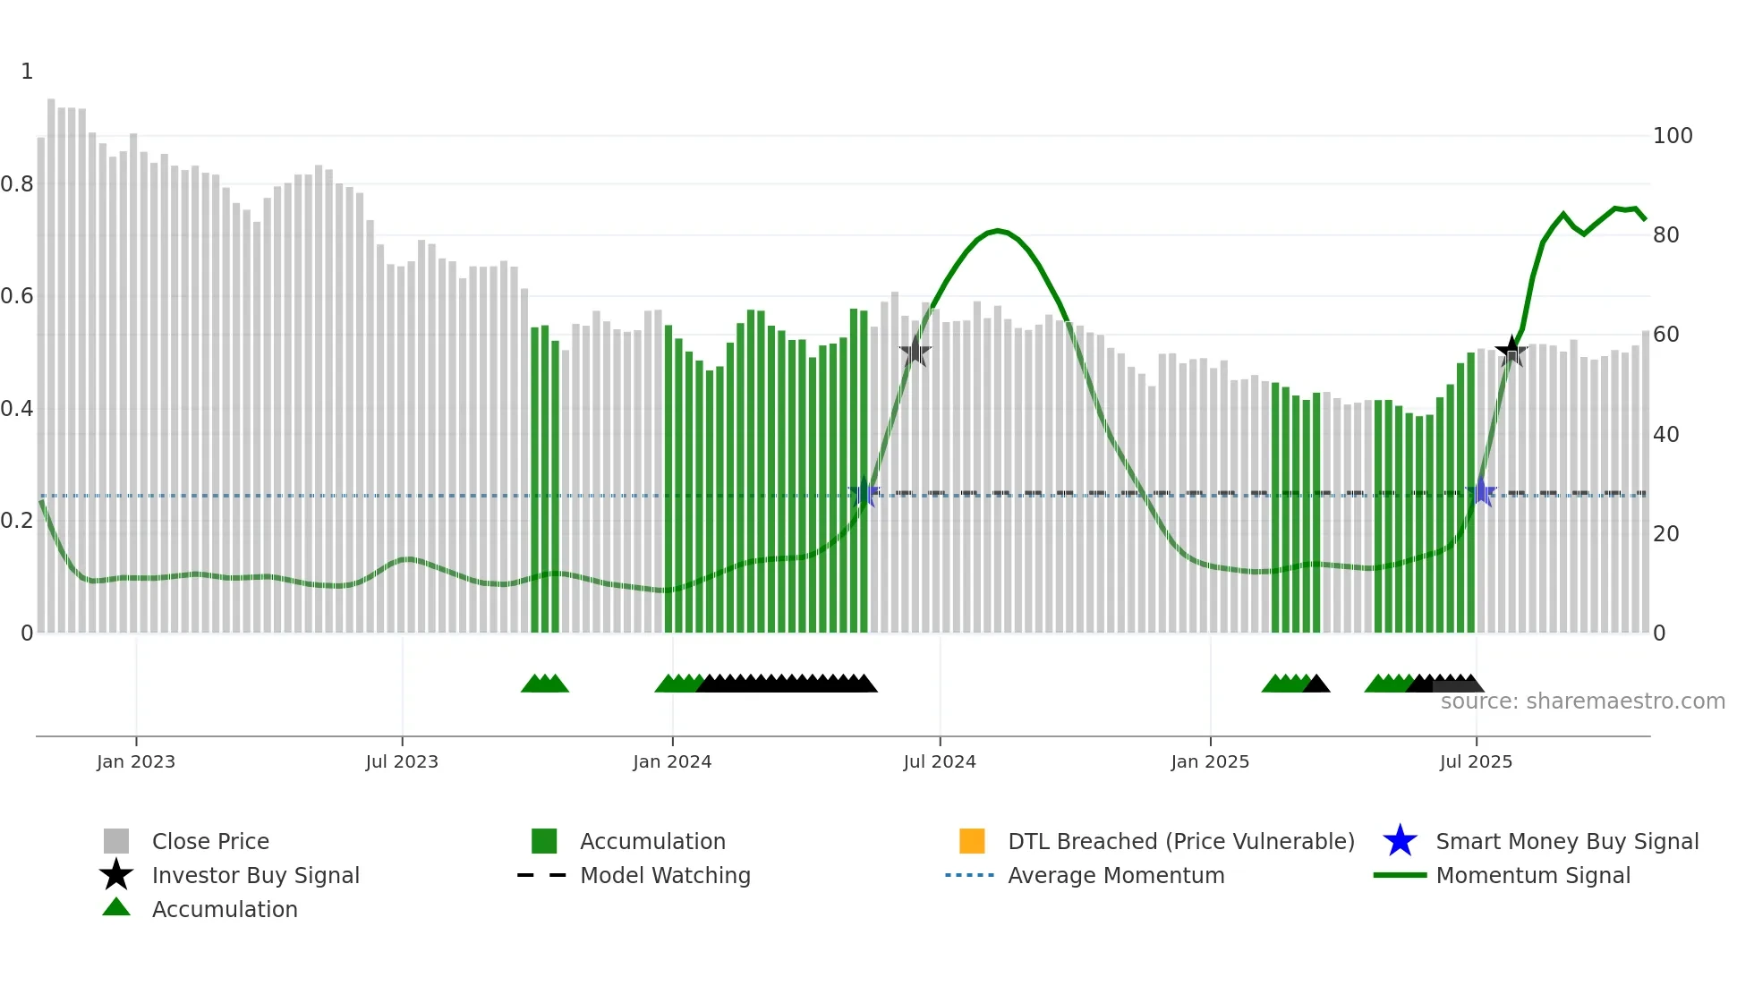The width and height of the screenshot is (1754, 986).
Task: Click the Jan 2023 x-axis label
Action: click(x=135, y=761)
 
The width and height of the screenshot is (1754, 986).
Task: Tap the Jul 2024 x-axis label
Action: click(x=939, y=761)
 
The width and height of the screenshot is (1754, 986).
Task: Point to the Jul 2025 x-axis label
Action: click(x=1475, y=761)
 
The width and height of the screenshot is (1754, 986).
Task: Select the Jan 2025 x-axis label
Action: click(x=1209, y=761)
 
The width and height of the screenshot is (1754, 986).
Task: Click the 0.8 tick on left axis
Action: click(x=17, y=184)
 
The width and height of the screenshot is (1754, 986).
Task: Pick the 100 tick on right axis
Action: click(x=1672, y=136)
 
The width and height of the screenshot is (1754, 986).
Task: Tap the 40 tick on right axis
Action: click(x=1665, y=435)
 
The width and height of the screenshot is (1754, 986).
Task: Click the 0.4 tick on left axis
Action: click(x=17, y=409)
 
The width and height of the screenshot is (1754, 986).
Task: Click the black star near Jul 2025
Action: click(x=1511, y=352)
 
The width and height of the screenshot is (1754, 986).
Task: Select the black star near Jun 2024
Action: click(x=915, y=352)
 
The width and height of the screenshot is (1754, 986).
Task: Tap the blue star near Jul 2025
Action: click(x=1481, y=492)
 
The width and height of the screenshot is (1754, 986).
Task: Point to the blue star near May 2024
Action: click(x=864, y=493)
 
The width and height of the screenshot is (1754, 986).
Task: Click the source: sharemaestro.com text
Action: click(x=1582, y=701)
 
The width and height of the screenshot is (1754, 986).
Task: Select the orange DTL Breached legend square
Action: click(x=971, y=841)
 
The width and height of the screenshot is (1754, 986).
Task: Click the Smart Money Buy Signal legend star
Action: click(x=1400, y=841)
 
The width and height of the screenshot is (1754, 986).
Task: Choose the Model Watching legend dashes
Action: click(x=541, y=875)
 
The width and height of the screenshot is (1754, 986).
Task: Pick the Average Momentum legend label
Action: click(x=1115, y=875)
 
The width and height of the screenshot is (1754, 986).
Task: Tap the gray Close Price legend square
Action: click(x=116, y=841)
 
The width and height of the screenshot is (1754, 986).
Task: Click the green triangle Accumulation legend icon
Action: click(x=116, y=907)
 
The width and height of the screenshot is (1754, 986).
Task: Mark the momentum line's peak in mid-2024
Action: click(x=998, y=231)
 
